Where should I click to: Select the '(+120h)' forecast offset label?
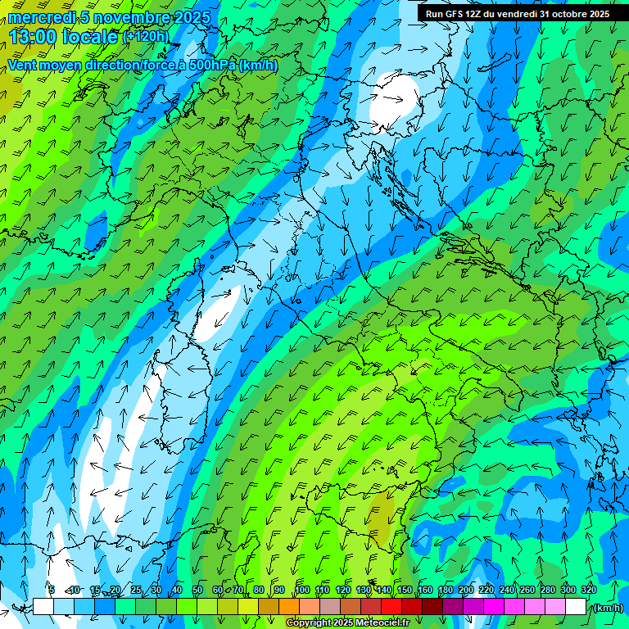click(x=145, y=36)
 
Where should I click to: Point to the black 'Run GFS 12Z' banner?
click(x=517, y=13)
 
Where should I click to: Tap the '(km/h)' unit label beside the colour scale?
click(x=608, y=607)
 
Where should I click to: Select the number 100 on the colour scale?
click(x=302, y=590)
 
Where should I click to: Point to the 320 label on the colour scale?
click(x=589, y=590)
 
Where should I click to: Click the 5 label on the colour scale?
click(x=52, y=590)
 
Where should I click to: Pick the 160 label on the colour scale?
click(x=425, y=590)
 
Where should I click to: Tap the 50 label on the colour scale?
click(x=197, y=590)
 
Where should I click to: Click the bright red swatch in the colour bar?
click(x=391, y=607)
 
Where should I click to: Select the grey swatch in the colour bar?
click(x=329, y=607)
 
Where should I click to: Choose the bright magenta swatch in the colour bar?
click(x=493, y=607)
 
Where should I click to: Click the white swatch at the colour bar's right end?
click(x=575, y=607)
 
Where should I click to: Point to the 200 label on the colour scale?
click(x=466, y=590)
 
